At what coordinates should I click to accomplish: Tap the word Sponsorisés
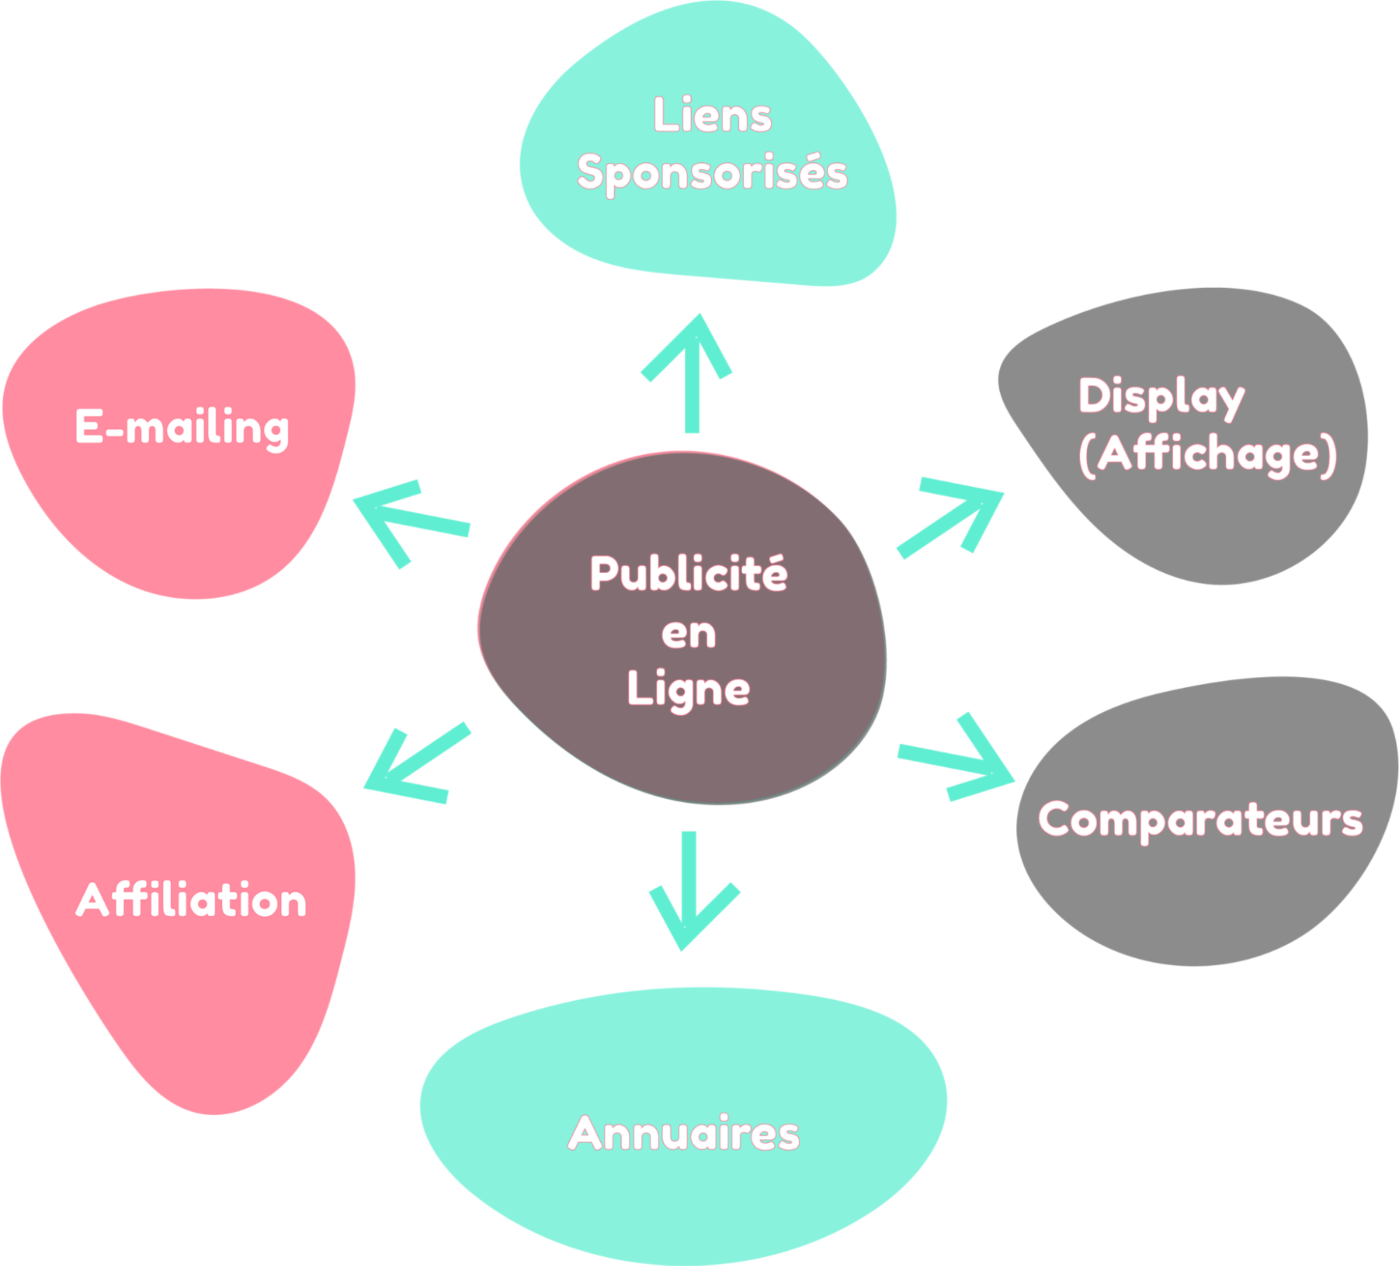pos(712,173)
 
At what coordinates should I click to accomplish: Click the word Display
pos(1161,396)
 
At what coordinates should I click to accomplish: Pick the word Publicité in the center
pos(689,573)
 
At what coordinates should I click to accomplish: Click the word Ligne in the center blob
pos(689,689)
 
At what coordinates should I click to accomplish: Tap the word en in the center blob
pos(689,633)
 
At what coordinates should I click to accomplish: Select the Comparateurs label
pos(1201,819)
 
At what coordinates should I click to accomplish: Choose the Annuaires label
pos(684,1133)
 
